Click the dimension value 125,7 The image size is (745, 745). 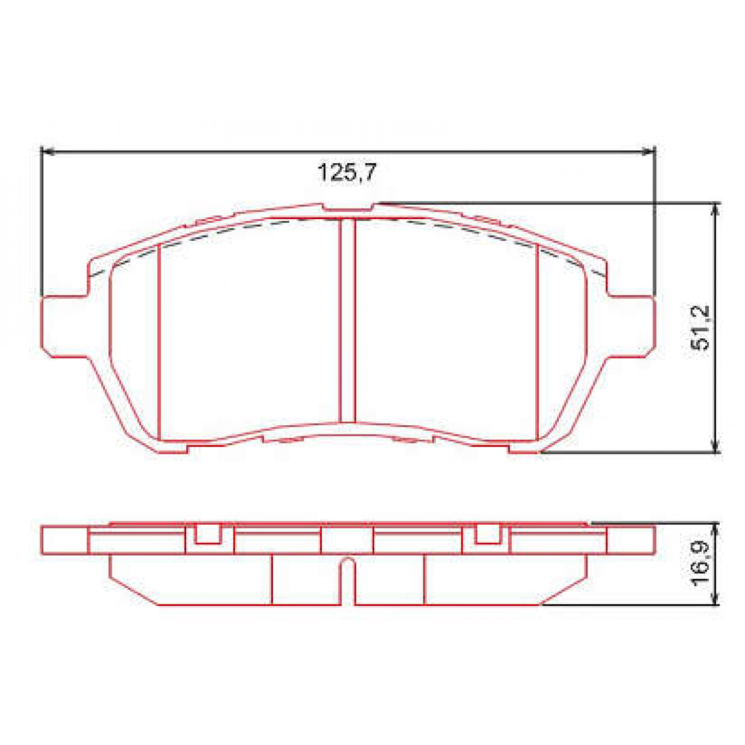pos(347,172)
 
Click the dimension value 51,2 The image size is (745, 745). pos(702,328)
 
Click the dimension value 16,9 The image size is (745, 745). pos(702,564)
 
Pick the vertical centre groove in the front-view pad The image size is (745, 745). pos(348,320)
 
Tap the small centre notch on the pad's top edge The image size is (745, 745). pos(348,207)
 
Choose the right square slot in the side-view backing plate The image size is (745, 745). pos(488,533)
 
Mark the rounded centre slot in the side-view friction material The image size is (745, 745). pos(348,580)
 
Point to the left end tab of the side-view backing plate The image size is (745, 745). pos(65,540)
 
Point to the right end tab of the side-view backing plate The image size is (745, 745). pos(630,540)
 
